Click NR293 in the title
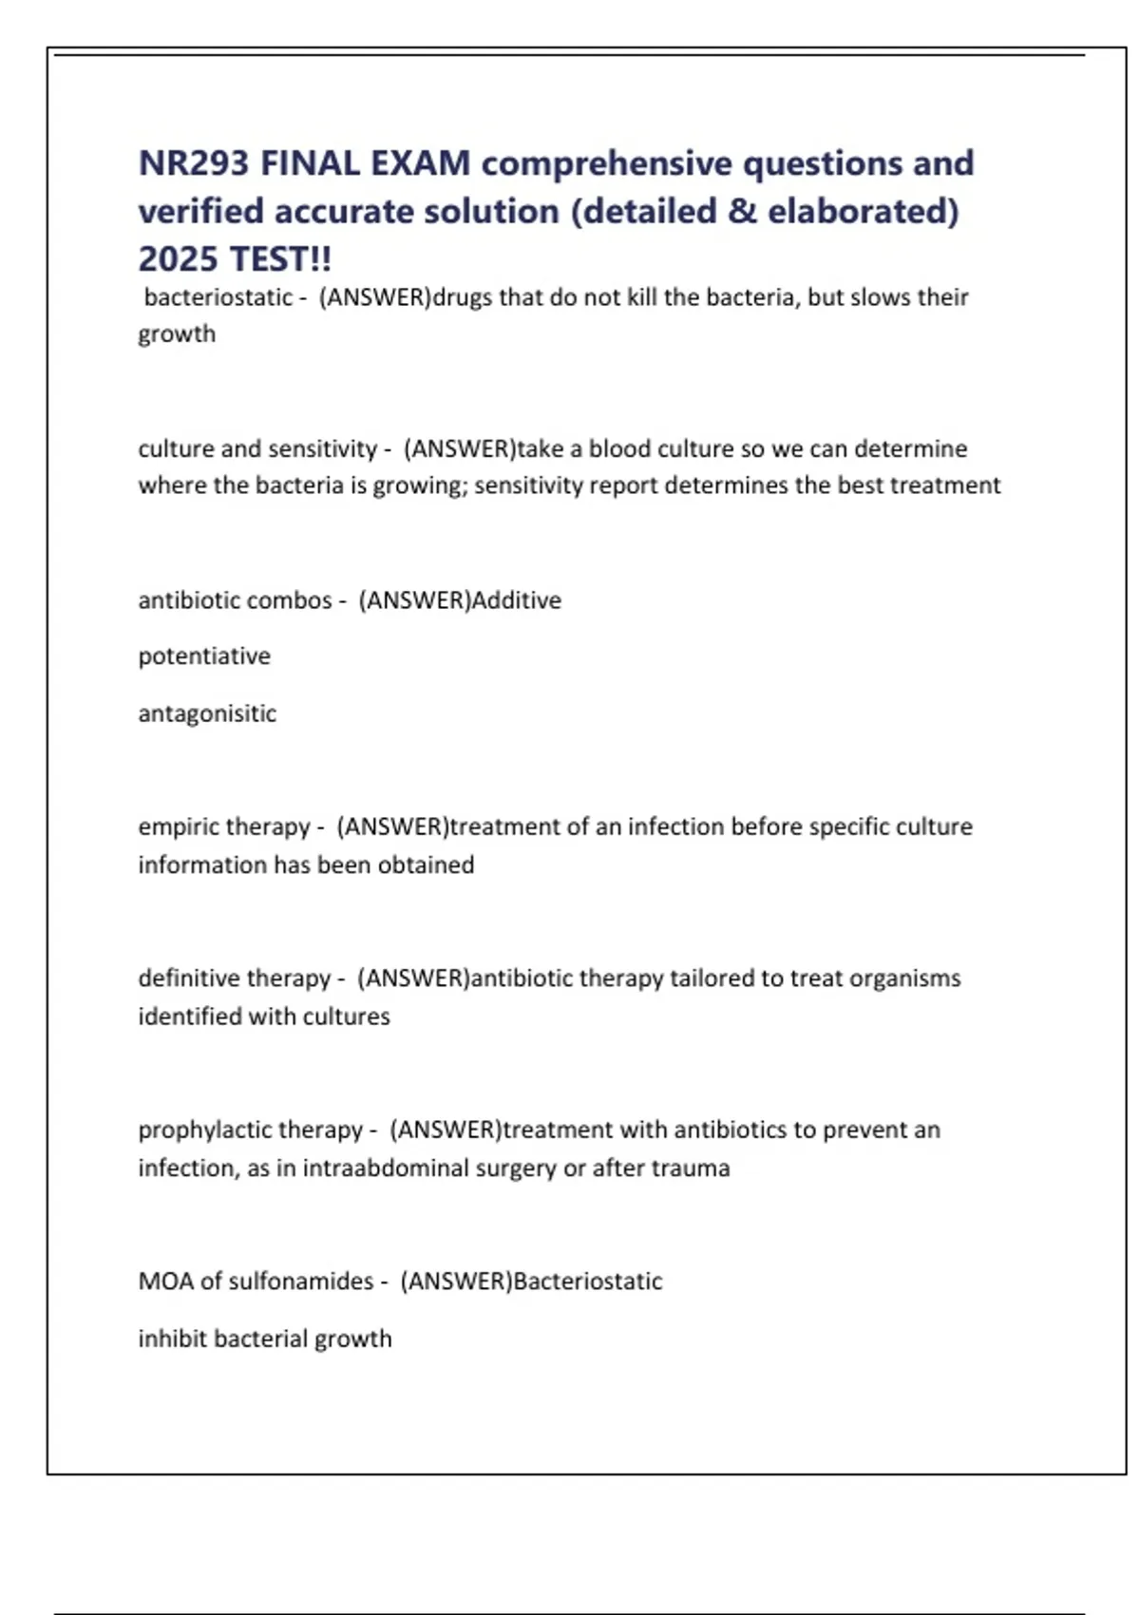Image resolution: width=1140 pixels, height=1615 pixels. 194,163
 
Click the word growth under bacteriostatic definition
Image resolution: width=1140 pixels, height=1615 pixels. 177,334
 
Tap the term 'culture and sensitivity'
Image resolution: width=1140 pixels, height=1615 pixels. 257,448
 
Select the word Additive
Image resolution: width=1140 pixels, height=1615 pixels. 517,600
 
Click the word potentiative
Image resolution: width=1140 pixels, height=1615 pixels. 204,656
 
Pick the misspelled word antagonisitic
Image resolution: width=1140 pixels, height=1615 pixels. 207,713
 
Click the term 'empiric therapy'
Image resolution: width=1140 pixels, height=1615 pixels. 224,827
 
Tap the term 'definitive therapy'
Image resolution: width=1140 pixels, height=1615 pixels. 234,978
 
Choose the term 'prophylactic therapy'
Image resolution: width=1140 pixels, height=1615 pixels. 250,1130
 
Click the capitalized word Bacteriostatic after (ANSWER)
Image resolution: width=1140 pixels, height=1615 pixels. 588,1282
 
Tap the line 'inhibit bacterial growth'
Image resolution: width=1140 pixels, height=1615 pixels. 264,1339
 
